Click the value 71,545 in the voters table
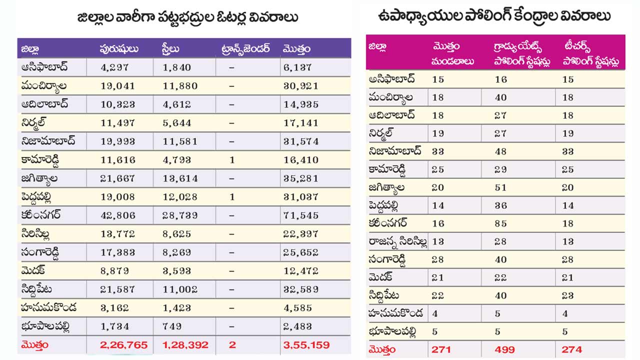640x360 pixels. point(300,215)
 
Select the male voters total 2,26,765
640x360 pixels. point(123,345)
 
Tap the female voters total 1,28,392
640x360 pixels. point(185,345)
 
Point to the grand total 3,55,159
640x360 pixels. point(306,345)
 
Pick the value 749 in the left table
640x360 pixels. point(171,326)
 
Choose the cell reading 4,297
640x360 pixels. point(114,67)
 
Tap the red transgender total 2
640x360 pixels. point(232,345)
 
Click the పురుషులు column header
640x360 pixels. point(119,49)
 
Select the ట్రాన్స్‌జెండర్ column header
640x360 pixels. point(245,49)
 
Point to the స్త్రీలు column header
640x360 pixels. point(171,49)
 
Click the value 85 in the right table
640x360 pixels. point(500,223)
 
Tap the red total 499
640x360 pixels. point(504,349)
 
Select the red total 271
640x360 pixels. point(441,349)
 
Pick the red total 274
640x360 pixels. point(572,349)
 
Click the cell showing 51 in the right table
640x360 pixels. point(500,187)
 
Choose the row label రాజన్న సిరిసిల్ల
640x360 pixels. point(398,242)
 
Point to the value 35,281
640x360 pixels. point(300,178)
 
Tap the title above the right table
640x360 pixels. point(494,16)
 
